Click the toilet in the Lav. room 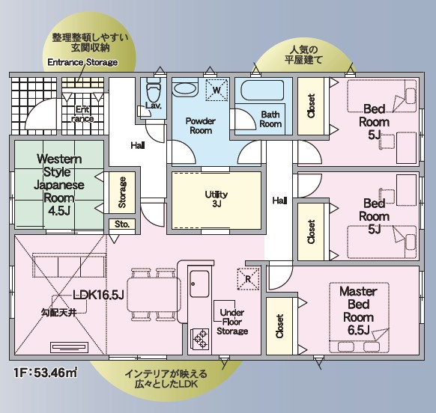pyautogui.click(x=154, y=90)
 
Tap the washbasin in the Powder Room pyautogui.click(x=184, y=88)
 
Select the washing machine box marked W pyautogui.click(x=217, y=90)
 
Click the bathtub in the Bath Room pyautogui.click(x=262, y=91)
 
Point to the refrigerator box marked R pyautogui.click(x=248, y=279)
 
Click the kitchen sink pyautogui.click(x=199, y=284)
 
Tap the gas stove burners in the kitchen pyautogui.click(x=200, y=338)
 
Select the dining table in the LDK pyautogui.click(x=154, y=295)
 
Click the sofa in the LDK pyautogui.click(x=69, y=265)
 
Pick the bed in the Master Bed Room pyautogui.click(x=359, y=318)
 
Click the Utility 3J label pyautogui.click(x=217, y=199)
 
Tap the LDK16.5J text pyautogui.click(x=98, y=295)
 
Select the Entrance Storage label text pyautogui.click(x=82, y=62)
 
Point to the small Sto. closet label pyautogui.click(x=121, y=224)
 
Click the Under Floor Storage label pyautogui.click(x=232, y=322)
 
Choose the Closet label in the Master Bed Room pyautogui.click(x=279, y=326)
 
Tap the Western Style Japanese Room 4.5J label pyautogui.click(x=59, y=185)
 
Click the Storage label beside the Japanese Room pyautogui.click(x=122, y=192)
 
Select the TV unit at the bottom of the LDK pyautogui.click(x=70, y=347)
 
